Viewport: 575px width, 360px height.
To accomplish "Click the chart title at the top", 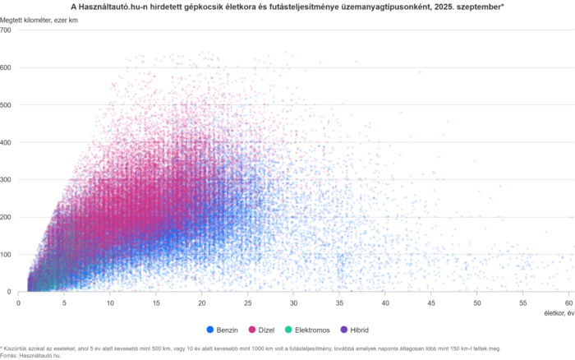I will coord(287,6).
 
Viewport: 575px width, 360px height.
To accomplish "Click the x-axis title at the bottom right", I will coord(558,312).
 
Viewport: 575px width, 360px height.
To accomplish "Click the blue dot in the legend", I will coord(210,330).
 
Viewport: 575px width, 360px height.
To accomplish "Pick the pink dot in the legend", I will coord(254,330).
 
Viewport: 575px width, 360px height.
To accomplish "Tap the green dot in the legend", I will coord(288,330).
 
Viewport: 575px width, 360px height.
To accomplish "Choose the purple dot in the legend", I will coord(343,330).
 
